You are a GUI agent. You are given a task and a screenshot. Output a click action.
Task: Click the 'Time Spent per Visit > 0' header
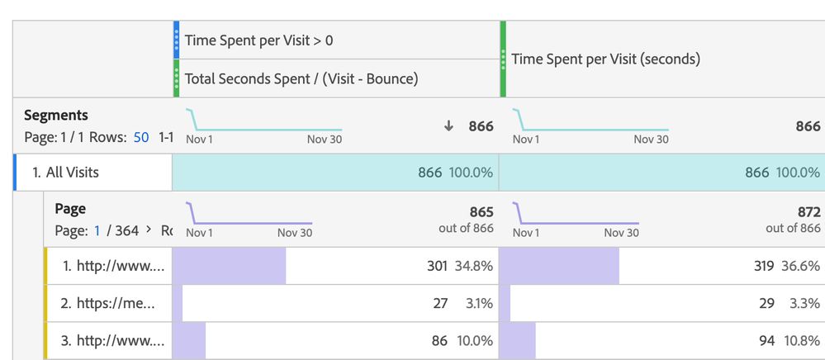coord(258,40)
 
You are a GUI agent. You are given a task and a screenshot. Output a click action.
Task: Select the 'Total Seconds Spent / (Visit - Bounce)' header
coord(301,78)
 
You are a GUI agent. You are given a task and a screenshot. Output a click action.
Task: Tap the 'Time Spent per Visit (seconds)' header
coord(605,59)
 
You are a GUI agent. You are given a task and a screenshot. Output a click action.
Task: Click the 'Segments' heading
coord(56,116)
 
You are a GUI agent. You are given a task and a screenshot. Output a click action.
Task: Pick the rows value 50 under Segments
coord(141,137)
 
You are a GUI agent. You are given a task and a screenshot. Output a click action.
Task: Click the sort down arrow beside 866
coord(448,126)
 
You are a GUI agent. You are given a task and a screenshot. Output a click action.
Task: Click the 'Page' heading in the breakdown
coord(70,210)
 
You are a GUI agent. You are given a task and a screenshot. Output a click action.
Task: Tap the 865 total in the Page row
coord(481,212)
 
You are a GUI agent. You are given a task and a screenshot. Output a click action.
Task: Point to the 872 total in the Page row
coord(808,212)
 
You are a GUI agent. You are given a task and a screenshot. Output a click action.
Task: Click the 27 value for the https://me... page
coord(440,303)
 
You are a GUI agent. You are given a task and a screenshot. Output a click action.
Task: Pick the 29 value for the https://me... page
coord(766,303)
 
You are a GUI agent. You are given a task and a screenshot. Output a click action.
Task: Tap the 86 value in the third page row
coord(439,340)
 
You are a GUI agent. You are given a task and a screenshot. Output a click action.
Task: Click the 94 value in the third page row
coord(766,340)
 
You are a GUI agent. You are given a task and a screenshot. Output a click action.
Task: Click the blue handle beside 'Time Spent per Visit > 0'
coord(176,40)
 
